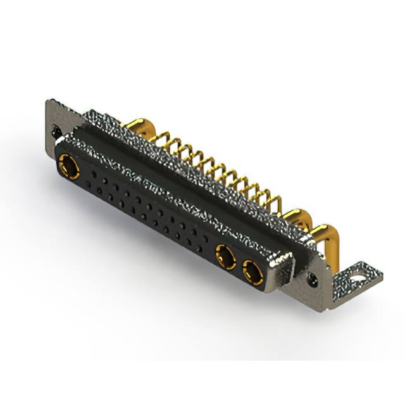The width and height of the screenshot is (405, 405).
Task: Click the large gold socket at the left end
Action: (67, 166)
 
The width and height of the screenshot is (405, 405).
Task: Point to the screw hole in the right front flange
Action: (311, 277)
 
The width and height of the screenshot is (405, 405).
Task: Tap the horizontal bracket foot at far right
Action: (358, 278)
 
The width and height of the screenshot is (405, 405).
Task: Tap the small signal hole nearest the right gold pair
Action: (204, 242)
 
